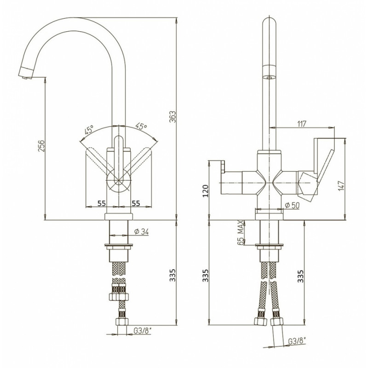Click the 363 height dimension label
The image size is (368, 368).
[172, 117]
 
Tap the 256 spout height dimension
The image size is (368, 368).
[41, 146]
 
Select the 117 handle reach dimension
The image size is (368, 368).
[302, 124]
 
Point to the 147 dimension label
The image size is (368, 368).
[342, 185]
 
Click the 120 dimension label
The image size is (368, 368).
[205, 190]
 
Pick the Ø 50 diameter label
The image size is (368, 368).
[292, 205]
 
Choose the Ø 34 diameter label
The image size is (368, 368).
[141, 232]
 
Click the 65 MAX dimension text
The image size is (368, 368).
[240, 233]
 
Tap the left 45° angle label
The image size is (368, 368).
[89, 129]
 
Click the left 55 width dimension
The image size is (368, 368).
[101, 203]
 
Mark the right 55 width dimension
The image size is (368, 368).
[136, 203]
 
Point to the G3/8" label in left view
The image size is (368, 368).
[143, 331]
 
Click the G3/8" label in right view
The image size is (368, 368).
[297, 341]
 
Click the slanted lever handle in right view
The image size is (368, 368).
[325, 166]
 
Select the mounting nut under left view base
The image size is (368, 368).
[119, 246]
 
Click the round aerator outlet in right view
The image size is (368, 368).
[269, 77]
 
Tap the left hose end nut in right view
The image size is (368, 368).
[260, 321]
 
